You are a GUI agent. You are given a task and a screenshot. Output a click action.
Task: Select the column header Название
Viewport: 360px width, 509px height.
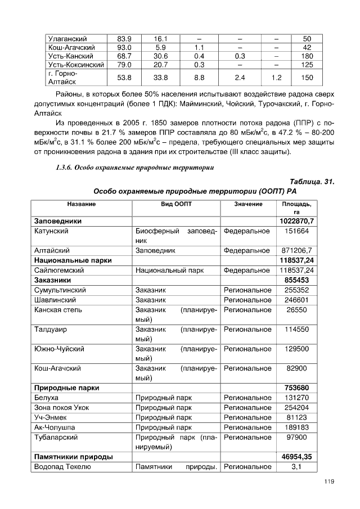(81, 204)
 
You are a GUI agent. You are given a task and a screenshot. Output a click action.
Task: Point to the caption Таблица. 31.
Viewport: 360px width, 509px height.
(312, 182)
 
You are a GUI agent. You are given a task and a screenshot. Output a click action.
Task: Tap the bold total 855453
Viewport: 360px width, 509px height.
(298, 280)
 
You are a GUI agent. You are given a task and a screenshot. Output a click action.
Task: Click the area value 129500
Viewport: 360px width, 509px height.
(298, 349)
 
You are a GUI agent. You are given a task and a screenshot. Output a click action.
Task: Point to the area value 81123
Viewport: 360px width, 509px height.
(298, 417)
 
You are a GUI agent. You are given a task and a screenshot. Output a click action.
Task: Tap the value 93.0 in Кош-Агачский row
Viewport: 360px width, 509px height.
(124, 48)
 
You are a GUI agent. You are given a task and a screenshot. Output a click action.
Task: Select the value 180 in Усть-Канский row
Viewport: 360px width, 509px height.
(307, 56)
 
